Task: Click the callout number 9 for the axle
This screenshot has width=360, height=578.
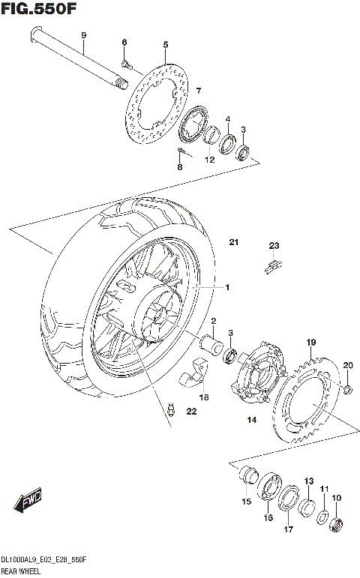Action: [84, 36]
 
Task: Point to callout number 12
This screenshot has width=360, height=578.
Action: [210, 159]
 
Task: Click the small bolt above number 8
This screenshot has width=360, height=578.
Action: [181, 152]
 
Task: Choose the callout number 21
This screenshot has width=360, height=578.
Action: [233, 242]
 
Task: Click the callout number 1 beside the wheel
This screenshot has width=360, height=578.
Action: [226, 287]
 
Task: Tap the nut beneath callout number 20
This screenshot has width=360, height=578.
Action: [349, 388]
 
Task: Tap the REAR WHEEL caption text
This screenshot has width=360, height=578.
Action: [22, 571]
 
